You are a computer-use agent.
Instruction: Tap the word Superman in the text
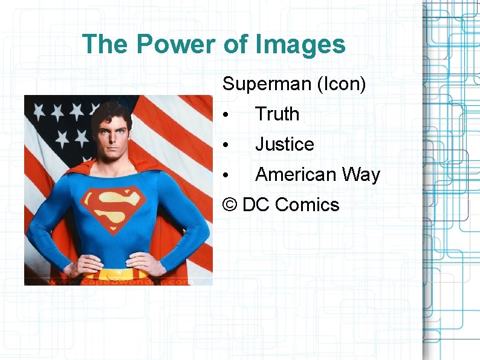(x=267, y=84)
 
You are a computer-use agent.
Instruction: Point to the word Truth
(x=277, y=114)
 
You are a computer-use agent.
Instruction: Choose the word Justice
(x=284, y=144)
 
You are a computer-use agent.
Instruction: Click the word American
(x=295, y=174)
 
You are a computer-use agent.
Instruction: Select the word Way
(x=360, y=174)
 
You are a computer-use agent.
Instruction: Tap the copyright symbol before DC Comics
(x=230, y=205)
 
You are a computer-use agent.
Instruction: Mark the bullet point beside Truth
(x=224, y=115)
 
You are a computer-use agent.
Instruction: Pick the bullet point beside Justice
(x=224, y=145)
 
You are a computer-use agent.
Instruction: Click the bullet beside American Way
(x=224, y=175)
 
